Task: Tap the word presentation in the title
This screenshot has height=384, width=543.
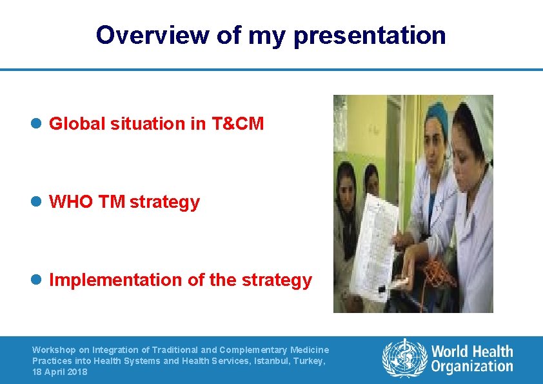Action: click(369, 35)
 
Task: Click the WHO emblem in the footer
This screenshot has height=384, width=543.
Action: click(404, 358)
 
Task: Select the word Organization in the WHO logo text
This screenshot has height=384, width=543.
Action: click(472, 367)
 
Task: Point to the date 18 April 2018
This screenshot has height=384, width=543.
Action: click(59, 372)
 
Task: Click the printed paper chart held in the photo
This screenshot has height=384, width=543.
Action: click(375, 239)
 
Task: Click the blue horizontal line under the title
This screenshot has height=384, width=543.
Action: click(271, 70)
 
